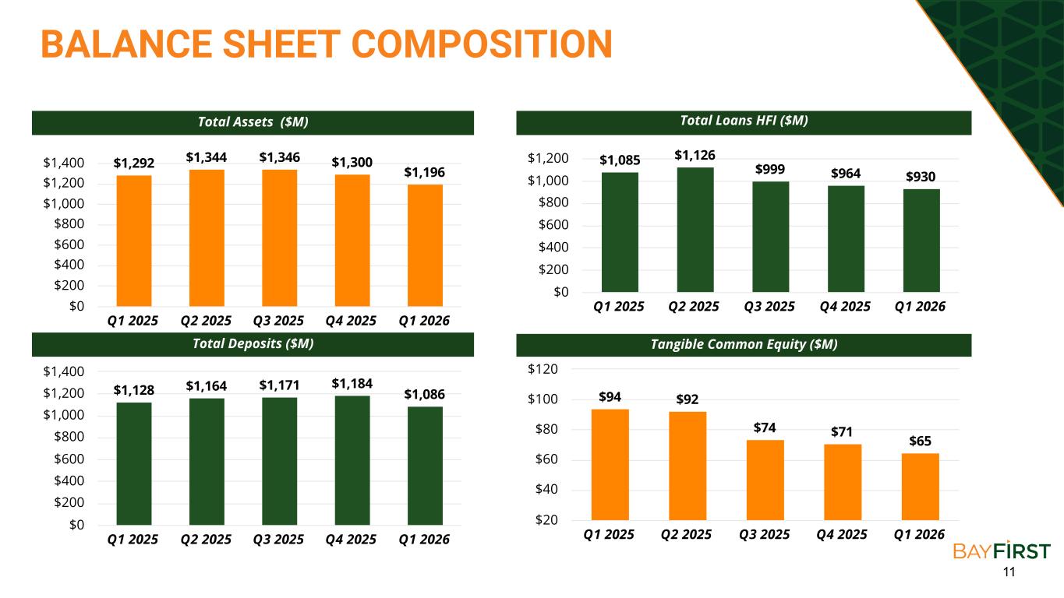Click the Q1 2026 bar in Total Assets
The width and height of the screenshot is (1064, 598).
click(x=425, y=245)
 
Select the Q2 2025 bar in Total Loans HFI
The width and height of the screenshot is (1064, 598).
click(x=695, y=230)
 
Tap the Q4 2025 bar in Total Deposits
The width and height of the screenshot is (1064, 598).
click(x=352, y=460)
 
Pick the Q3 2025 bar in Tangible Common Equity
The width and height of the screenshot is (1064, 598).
click(x=765, y=480)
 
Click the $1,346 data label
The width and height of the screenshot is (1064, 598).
click(x=279, y=157)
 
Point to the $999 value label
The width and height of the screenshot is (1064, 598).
click(x=770, y=169)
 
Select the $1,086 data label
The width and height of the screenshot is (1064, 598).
click(x=424, y=395)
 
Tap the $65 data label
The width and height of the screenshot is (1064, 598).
click(x=920, y=441)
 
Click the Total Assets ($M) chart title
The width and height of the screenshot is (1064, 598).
click(x=253, y=122)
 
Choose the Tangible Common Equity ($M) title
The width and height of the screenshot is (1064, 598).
click(x=744, y=344)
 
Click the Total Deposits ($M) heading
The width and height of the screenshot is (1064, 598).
click(x=253, y=343)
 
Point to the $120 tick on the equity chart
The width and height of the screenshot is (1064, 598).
click(x=543, y=369)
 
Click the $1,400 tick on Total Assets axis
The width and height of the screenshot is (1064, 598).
click(x=64, y=163)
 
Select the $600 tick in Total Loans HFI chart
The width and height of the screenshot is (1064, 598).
click(x=553, y=224)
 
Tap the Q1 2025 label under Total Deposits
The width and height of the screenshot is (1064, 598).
click(x=133, y=539)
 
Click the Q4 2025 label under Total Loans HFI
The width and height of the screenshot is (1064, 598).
click(x=845, y=307)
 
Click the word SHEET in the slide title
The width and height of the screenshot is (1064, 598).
click(x=281, y=44)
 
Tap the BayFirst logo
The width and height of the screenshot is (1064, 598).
click(x=1002, y=551)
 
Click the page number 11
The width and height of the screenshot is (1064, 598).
click(x=1009, y=572)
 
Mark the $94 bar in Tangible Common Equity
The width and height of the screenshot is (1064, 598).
click(x=610, y=465)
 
